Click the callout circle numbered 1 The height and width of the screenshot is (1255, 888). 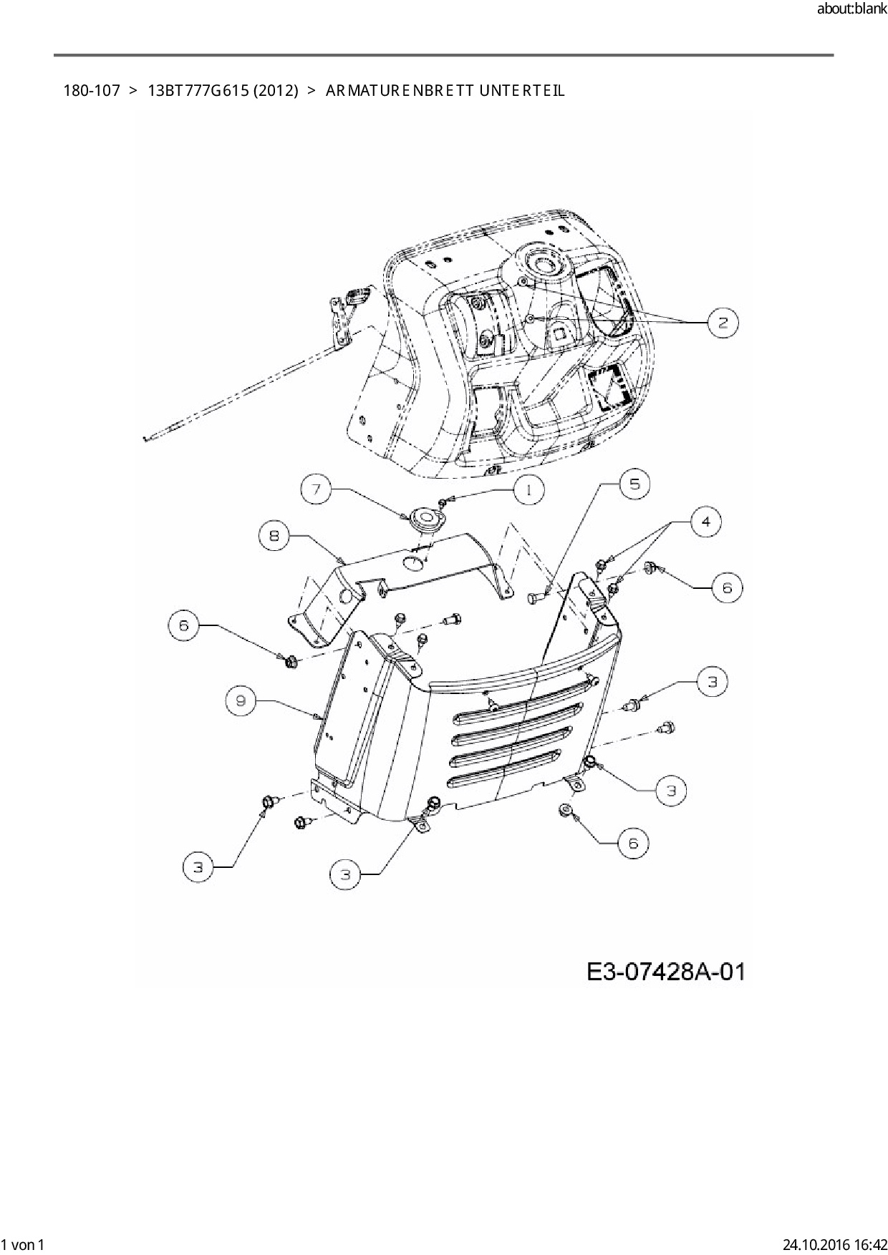(528, 490)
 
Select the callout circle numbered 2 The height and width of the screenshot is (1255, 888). (723, 323)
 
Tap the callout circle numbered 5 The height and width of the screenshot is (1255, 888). (634, 484)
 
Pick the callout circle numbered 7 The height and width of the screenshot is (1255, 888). (317, 490)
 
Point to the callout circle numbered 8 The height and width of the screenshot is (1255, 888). (274, 535)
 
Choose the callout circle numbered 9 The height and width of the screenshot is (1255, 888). (241, 700)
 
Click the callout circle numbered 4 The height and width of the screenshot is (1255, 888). (706, 522)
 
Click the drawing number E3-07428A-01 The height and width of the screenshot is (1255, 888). (666, 972)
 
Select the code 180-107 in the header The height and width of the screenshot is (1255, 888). (92, 91)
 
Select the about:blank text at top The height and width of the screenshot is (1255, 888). (851, 9)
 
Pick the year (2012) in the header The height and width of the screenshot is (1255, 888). (275, 91)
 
